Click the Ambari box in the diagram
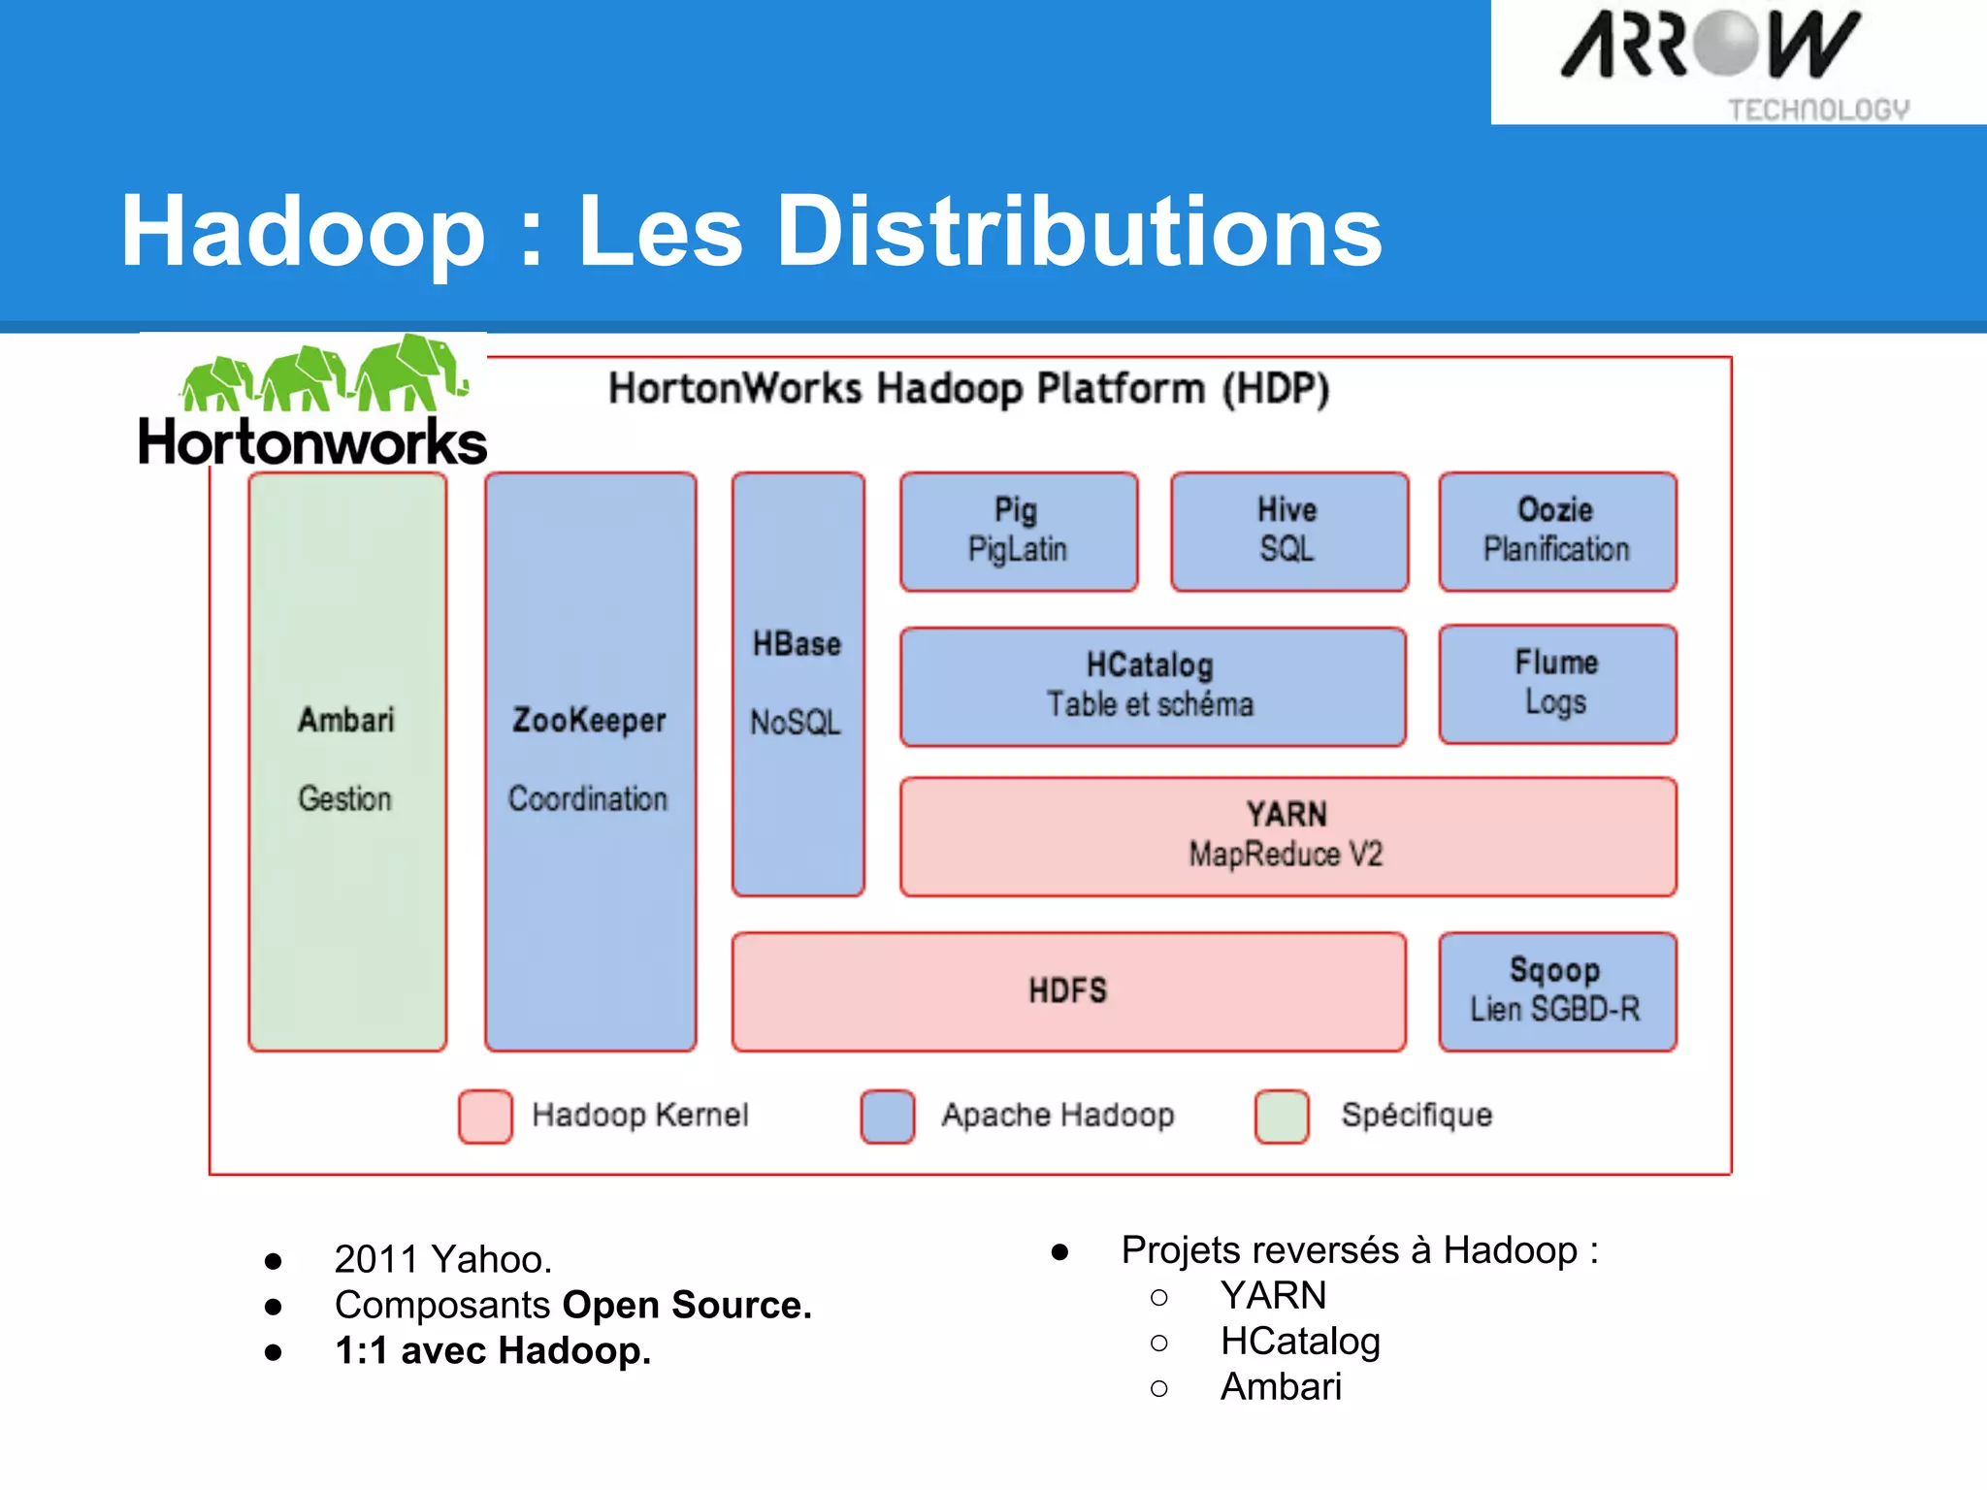click(x=347, y=761)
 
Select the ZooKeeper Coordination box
click(x=590, y=761)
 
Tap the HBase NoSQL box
click(x=798, y=684)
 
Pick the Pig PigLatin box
click(x=1018, y=532)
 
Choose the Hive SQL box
click(x=1288, y=532)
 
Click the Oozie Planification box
click(x=1557, y=532)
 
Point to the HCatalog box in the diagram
click(x=1152, y=686)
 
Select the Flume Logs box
click(x=1557, y=684)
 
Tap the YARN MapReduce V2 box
click(x=1287, y=836)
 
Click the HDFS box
click(x=1068, y=991)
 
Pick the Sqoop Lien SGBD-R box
click(x=1557, y=991)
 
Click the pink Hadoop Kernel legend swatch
click(x=485, y=1117)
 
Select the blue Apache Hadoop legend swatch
click(x=887, y=1117)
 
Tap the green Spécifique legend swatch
click(x=1282, y=1117)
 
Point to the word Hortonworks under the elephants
click(x=312, y=442)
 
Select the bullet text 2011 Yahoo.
click(x=443, y=1259)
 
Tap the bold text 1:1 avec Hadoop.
click(x=493, y=1350)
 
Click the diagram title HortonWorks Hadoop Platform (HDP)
click(x=968, y=389)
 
